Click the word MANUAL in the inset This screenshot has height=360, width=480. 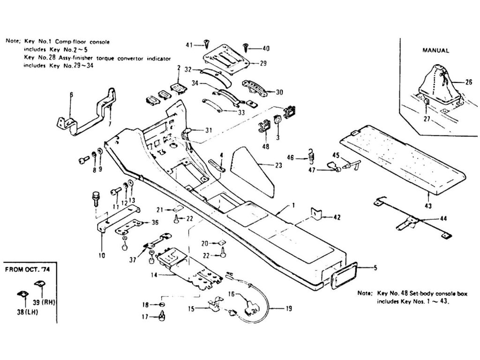[x=436, y=50]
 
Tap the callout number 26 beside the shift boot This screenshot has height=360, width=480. [x=469, y=82]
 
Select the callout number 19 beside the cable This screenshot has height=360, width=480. [x=288, y=308]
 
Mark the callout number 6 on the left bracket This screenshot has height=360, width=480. [x=71, y=95]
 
